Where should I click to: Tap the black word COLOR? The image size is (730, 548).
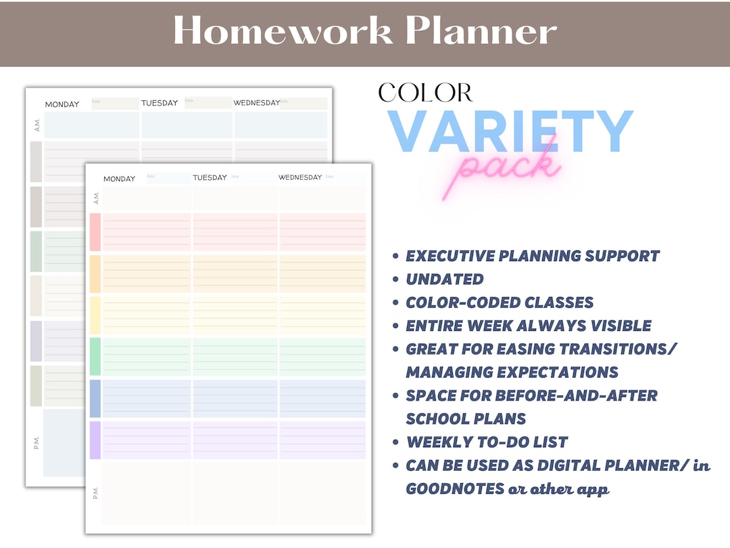425,93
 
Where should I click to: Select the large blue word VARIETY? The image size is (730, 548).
510,132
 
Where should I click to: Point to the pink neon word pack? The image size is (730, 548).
507,168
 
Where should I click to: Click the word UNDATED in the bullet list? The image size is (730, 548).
445,279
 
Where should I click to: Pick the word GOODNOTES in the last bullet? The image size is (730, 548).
455,489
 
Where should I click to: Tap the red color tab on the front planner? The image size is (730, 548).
95,232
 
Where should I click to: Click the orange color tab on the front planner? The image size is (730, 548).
95,273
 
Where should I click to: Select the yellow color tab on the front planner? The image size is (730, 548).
95,315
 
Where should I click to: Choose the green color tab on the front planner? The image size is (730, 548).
95,357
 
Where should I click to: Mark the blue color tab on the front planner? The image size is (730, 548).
95,398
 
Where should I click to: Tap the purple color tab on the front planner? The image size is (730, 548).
95,440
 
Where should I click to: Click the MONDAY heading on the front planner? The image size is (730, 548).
119,179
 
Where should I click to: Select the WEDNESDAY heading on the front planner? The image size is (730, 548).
300,177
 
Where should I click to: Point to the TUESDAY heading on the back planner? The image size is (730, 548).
160,103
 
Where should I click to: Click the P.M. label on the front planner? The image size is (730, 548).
95,493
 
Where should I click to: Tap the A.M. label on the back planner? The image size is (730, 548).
36,124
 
